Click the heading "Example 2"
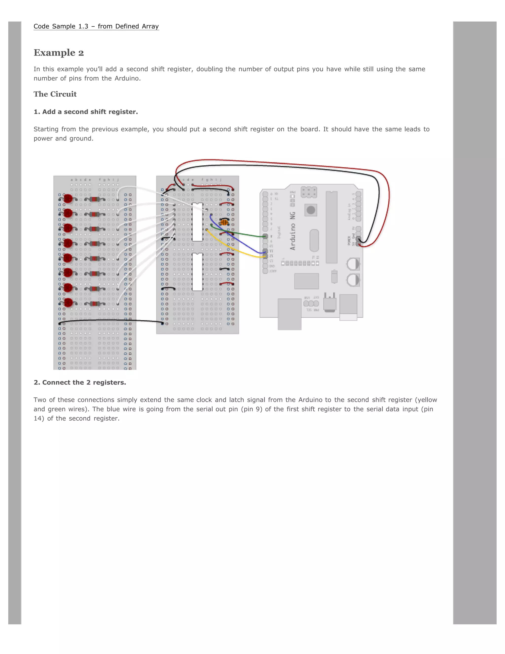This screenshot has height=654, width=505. tap(59, 53)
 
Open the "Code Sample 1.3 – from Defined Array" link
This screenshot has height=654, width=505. tap(96, 26)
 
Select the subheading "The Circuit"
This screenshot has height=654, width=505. tap(55, 94)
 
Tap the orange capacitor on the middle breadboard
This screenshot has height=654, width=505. tap(224, 222)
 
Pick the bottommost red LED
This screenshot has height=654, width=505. tap(68, 303)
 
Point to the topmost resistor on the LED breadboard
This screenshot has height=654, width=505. tap(94, 199)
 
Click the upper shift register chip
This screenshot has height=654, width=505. tap(197, 222)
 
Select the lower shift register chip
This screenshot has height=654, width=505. tap(197, 272)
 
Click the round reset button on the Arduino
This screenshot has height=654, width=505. tap(311, 210)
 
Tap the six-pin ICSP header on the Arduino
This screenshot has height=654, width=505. tap(309, 192)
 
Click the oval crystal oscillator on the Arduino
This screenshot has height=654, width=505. tap(314, 240)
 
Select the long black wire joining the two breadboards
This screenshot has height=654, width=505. tap(111, 320)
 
